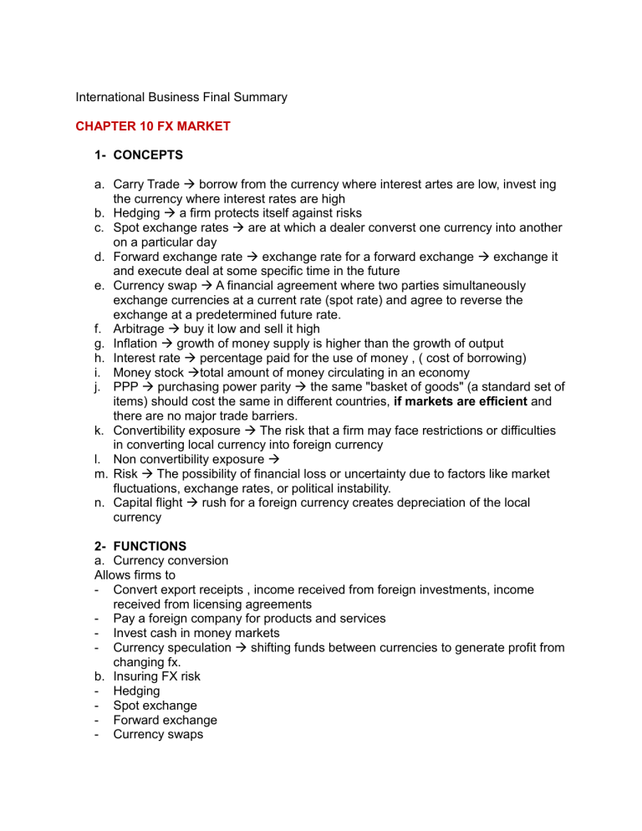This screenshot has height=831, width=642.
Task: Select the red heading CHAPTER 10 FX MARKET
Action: coord(153,127)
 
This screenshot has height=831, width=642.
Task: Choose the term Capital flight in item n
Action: coord(146,502)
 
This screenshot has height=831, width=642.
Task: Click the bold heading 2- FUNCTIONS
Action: coord(145,546)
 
